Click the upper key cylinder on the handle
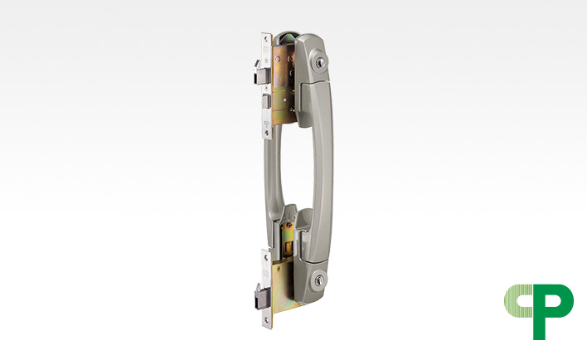[x=320, y=63]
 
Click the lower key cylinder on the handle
[x=318, y=280]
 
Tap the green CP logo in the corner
[x=539, y=311]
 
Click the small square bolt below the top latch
[x=265, y=100]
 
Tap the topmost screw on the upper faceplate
[x=266, y=39]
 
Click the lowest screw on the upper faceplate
[x=266, y=133]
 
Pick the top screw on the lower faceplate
[x=266, y=257]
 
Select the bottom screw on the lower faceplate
[x=266, y=321]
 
